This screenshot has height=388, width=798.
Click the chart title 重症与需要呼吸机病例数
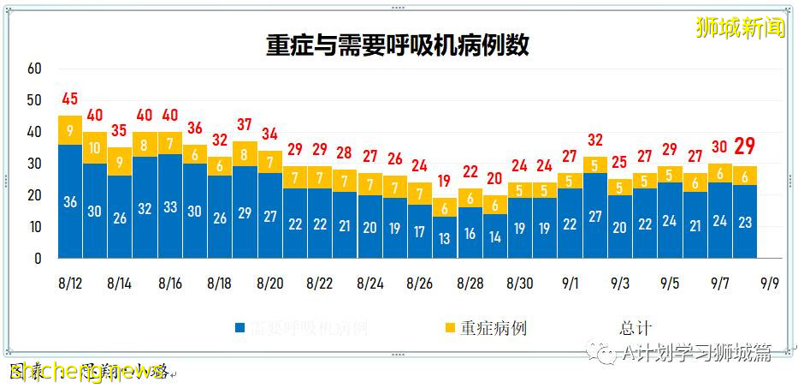[x=398, y=45]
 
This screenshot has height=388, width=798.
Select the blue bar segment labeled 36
[x=70, y=202]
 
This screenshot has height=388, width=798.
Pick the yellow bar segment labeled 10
[x=95, y=147]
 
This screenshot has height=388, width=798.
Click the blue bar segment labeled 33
[x=170, y=206]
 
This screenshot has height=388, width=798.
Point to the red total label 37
[x=245, y=123]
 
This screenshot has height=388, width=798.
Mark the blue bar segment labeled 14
[x=494, y=236]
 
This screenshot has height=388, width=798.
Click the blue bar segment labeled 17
[x=419, y=231]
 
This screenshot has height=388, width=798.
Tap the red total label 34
[x=269, y=133]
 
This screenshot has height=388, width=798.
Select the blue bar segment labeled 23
[x=744, y=221]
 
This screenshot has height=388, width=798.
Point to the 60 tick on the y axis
[x=34, y=69]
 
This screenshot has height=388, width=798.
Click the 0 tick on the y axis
[x=38, y=259]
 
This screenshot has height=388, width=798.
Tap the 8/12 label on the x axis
[x=70, y=282]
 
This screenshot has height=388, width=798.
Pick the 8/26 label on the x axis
[x=419, y=282]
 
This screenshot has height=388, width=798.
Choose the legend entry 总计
[x=635, y=327]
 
